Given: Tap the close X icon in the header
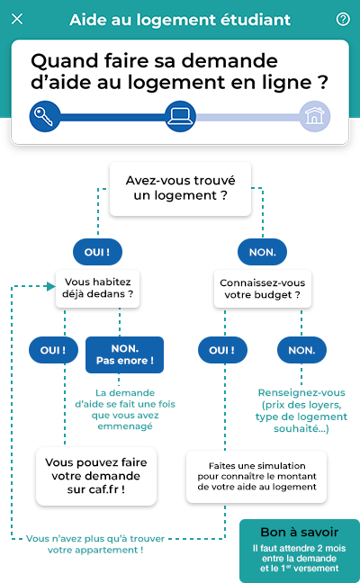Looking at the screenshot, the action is click(17, 19).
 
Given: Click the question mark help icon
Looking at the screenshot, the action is click(343, 19).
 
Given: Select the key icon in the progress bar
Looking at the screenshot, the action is click(45, 116).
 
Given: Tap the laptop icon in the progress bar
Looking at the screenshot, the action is click(180, 116).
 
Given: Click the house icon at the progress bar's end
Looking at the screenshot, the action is click(315, 116).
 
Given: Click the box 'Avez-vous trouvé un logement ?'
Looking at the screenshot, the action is click(180, 189).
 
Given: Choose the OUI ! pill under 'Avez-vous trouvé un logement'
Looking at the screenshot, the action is click(97, 252).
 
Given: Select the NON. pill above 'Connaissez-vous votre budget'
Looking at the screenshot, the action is click(262, 252).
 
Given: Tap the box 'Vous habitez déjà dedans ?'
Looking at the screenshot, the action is click(97, 289).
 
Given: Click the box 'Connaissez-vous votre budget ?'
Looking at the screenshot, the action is click(263, 289).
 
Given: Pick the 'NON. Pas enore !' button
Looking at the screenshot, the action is click(124, 354).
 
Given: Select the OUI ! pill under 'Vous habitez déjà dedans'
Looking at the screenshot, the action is click(53, 350).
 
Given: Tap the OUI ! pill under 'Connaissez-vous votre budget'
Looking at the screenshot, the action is click(222, 350).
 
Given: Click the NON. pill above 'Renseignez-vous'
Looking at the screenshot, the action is click(301, 350).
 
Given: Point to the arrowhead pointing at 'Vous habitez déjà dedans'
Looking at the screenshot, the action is click(51, 286).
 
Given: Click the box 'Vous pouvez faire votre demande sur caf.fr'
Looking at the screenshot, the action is click(96, 476).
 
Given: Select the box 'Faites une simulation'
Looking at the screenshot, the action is click(256, 477).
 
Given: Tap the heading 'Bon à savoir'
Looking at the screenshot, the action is click(300, 532).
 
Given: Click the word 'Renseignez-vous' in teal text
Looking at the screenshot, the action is click(301, 392).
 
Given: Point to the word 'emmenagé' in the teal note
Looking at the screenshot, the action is click(125, 426).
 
